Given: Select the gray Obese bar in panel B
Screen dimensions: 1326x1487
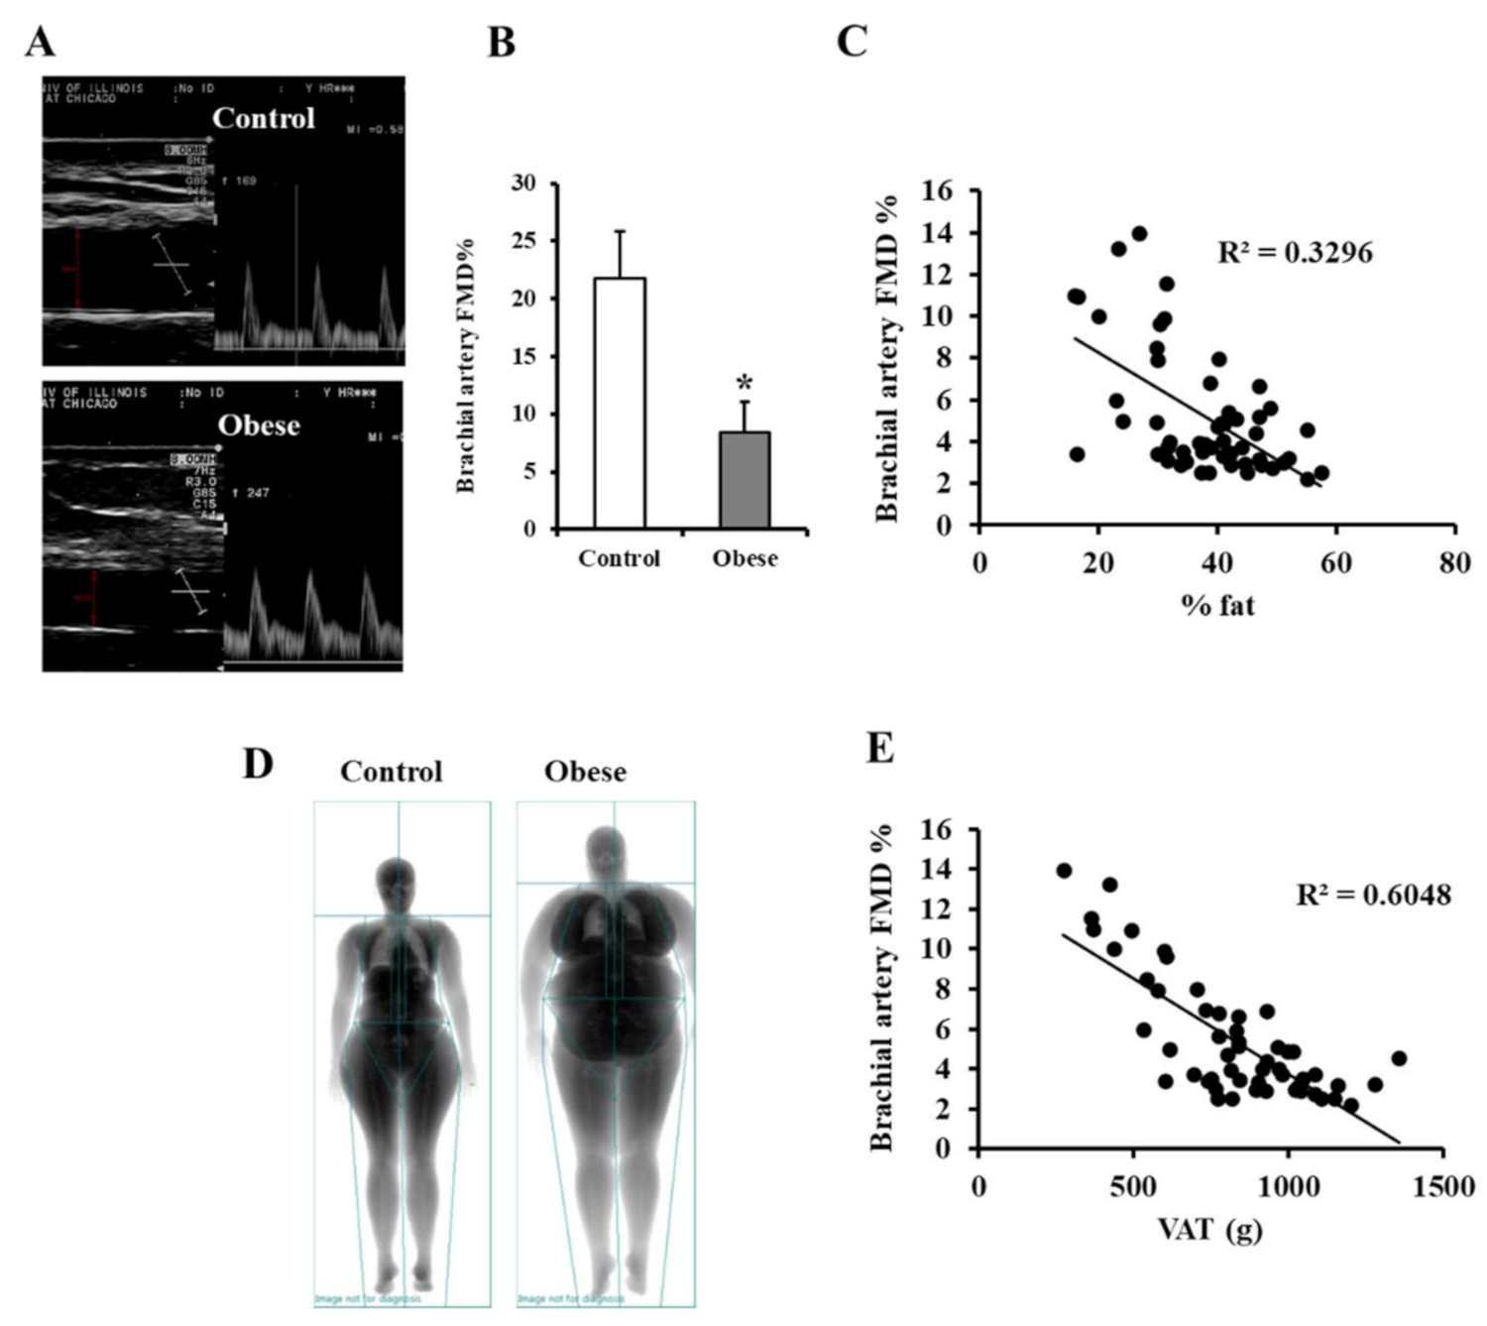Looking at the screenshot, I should coord(744,480).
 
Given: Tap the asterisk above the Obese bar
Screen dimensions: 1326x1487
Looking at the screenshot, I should coord(744,384).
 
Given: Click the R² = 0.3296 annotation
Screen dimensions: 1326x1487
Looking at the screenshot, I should coord(1295,253).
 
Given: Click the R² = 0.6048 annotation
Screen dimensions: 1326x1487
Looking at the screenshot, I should coord(1373,896).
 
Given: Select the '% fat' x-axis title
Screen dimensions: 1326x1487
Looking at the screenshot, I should coord(1217,605).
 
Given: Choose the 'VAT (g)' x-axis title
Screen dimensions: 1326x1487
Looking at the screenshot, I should coord(1209,1230).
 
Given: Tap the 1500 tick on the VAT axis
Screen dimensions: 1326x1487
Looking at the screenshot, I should coord(1443,1187).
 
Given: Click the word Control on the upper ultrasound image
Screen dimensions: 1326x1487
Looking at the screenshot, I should coord(264,118).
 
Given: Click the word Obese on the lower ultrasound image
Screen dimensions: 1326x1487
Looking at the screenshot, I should coord(259,425).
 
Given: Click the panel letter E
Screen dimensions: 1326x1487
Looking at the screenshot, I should coord(880,749).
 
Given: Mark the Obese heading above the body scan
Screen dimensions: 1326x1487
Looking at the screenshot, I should coord(585,772).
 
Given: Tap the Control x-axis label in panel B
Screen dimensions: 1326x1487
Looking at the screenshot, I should coord(619,558).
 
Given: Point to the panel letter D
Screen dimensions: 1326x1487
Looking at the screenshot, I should coord(258,764).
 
